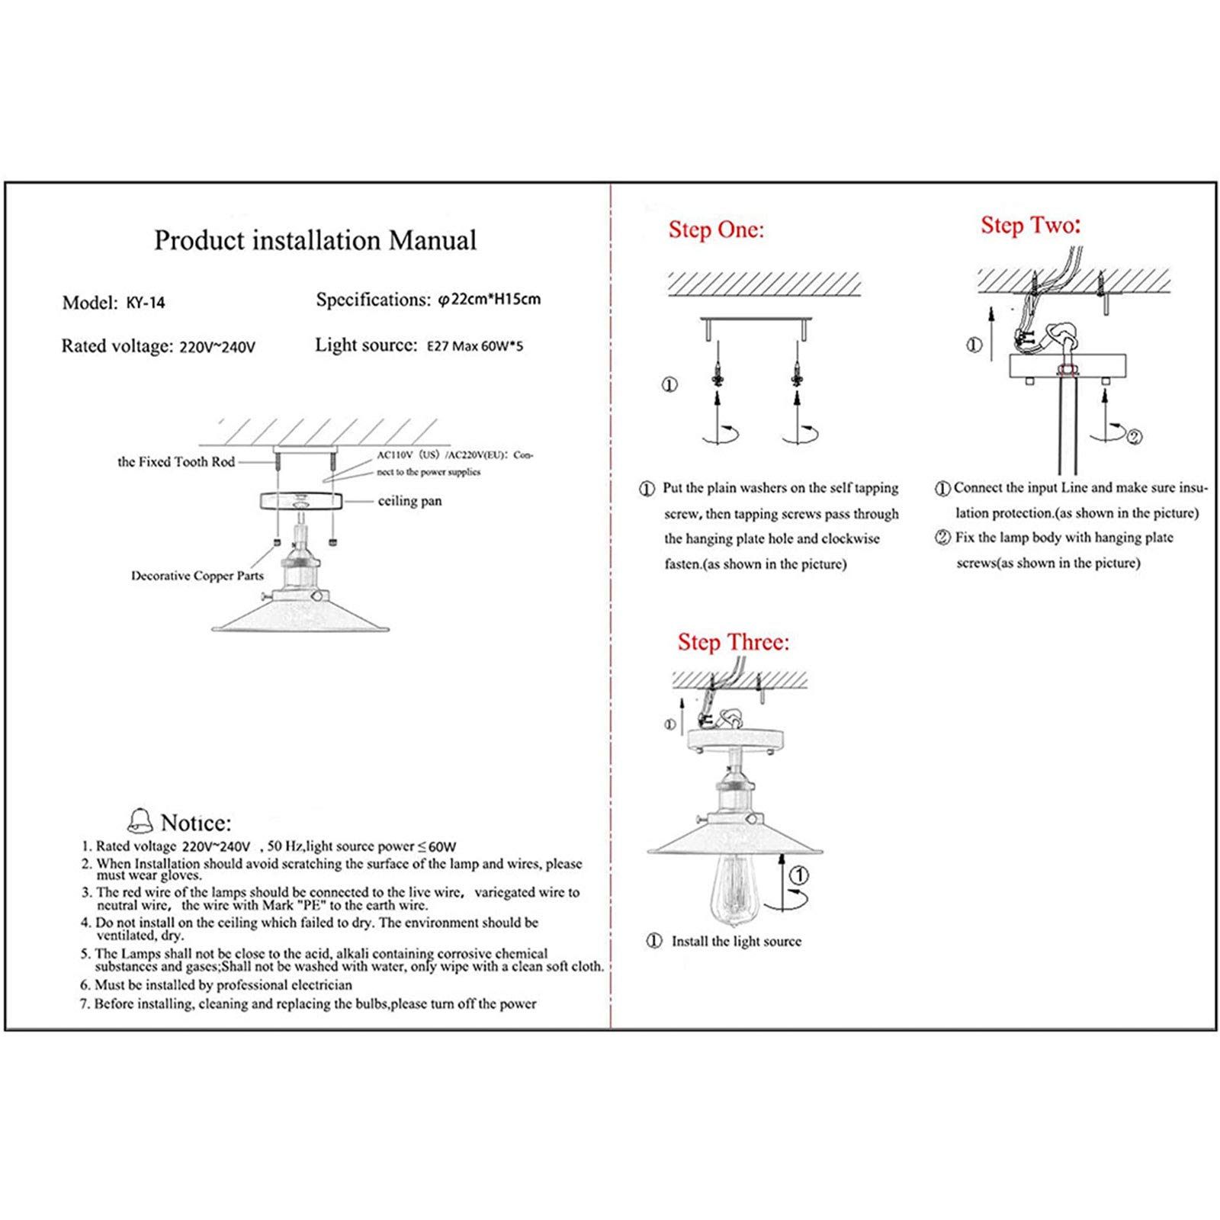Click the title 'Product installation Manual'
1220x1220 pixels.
pyautogui.click(x=315, y=240)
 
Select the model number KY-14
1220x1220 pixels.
pyautogui.click(x=146, y=303)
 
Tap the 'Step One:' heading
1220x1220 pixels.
pyautogui.click(x=716, y=230)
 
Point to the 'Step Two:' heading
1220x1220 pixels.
pyautogui.click(x=1030, y=225)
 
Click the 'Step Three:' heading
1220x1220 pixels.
pyautogui.click(x=734, y=642)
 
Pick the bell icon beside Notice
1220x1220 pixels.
pyautogui.click(x=140, y=820)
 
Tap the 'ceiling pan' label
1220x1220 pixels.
pyautogui.click(x=409, y=501)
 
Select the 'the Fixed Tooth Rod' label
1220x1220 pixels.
pyautogui.click(x=175, y=462)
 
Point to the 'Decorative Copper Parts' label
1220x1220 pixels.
pyautogui.click(x=197, y=576)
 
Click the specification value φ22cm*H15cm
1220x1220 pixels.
pyautogui.click(x=490, y=299)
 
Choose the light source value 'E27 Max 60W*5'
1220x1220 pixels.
pyautogui.click(x=475, y=346)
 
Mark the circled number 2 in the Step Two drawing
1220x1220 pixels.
pyautogui.click(x=1135, y=437)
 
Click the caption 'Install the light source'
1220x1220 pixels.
pyautogui.click(x=736, y=942)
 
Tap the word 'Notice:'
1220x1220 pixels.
pyautogui.click(x=196, y=823)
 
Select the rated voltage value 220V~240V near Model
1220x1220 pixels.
pyautogui.click(x=217, y=348)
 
